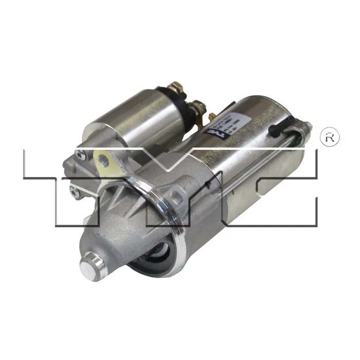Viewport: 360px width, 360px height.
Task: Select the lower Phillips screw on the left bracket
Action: (x=75, y=193)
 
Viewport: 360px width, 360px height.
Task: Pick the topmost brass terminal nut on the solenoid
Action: (x=177, y=88)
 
